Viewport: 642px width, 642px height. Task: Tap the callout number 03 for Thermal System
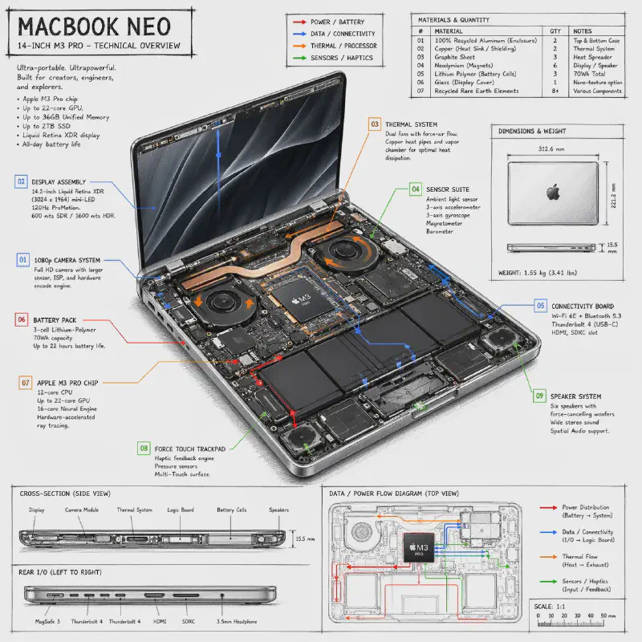[375, 124]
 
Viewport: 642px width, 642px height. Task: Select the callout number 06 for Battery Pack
[22, 319]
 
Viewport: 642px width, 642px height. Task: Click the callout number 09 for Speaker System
[540, 396]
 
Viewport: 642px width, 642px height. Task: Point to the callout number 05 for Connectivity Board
[541, 306]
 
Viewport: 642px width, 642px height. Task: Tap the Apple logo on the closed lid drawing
[551, 192]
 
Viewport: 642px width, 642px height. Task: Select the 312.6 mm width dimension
[552, 148]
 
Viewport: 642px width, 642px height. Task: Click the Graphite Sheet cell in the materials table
[454, 58]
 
